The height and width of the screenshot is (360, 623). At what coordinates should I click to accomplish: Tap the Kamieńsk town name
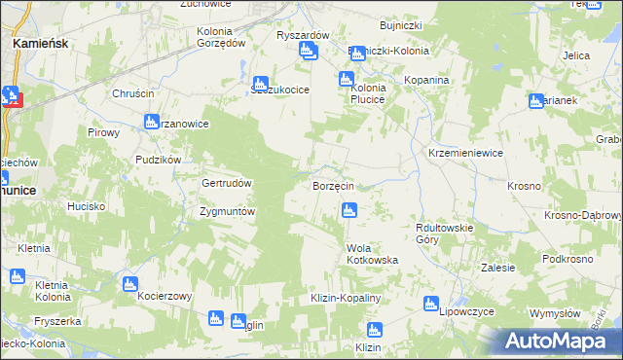click(39, 44)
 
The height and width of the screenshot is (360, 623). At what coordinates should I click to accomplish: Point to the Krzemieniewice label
click(465, 154)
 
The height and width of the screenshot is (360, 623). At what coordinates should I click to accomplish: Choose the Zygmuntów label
click(227, 211)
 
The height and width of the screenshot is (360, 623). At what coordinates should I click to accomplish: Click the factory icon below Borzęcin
click(348, 208)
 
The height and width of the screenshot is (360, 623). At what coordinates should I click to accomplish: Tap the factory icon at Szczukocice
click(261, 84)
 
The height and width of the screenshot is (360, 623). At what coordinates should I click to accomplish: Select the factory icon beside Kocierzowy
click(130, 283)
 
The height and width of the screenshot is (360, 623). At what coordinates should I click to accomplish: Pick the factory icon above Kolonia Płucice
click(346, 79)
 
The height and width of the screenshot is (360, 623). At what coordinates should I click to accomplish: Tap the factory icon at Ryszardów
click(309, 50)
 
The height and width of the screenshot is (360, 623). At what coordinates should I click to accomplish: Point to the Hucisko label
click(86, 206)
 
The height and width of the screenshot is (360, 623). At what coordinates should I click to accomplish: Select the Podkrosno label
click(568, 258)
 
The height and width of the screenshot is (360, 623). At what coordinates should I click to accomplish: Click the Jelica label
click(576, 55)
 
